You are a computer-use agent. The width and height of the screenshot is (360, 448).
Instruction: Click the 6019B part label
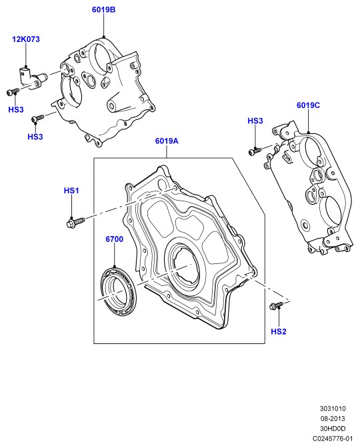(x=103, y=10)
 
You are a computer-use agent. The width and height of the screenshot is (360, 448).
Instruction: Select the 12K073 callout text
(x=26, y=39)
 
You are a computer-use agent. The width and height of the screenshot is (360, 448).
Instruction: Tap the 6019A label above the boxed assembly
(x=167, y=141)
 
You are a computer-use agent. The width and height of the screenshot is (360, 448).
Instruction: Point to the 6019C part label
(x=308, y=105)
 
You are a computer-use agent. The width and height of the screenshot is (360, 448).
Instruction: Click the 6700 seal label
(x=114, y=239)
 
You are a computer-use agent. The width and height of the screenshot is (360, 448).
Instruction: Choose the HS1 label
(x=71, y=191)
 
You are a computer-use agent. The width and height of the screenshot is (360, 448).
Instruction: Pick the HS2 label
(x=278, y=331)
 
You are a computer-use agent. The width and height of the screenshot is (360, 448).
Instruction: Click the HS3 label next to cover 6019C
(x=255, y=121)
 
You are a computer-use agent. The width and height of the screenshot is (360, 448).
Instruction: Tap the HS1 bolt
(x=75, y=222)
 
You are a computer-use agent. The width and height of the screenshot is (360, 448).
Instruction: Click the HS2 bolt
(x=276, y=305)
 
